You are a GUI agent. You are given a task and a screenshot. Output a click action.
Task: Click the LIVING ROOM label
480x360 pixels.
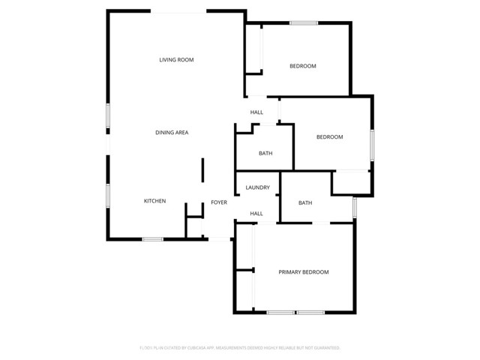click(176, 59)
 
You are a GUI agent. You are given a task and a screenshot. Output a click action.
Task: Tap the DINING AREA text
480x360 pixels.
click(171, 132)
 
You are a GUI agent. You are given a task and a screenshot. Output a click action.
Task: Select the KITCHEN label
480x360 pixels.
click(154, 201)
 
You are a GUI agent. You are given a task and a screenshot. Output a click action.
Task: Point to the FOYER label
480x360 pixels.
click(218, 202)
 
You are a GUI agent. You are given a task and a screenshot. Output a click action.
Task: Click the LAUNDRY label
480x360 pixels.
click(257, 187)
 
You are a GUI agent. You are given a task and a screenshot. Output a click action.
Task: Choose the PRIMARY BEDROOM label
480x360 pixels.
click(304, 271)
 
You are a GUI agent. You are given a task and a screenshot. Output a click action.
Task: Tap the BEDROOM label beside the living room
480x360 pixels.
click(303, 66)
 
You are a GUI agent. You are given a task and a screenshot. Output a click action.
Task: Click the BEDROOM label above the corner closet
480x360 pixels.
click(329, 136)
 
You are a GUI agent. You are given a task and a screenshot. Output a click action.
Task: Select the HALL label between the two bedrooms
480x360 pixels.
click(256, 112)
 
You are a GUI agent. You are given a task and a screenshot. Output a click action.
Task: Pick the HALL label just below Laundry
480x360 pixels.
click(256, 214)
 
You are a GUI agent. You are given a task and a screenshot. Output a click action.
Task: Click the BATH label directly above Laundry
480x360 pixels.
click(265, 154)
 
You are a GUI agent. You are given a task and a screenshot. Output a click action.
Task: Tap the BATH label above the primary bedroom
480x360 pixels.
click(305, 202)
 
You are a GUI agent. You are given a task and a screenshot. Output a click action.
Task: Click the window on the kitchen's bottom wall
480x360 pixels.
click(152, 239)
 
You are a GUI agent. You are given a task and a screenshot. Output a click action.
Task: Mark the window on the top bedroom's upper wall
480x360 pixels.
click(304, 22)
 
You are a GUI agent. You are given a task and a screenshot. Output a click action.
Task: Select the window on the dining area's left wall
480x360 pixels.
click(109, 116)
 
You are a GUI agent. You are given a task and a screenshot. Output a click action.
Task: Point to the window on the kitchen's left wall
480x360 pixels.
click(109, 195)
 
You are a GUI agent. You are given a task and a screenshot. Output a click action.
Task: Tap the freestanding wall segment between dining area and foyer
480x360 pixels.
click(202, 170)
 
